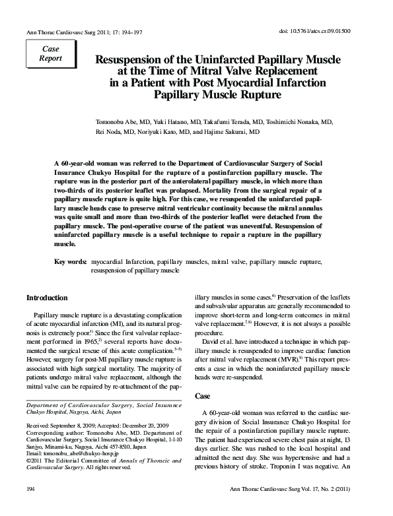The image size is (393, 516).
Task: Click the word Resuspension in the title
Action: tap(131, 59)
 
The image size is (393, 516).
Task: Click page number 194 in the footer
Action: tap(30, 507)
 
